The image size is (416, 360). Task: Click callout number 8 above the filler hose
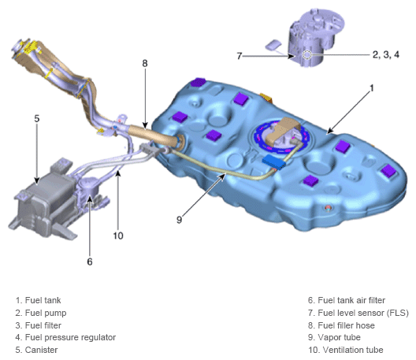pyautogui.click(x=145, y=63)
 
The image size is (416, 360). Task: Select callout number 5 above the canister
pyautogui.click(x=37, y=119)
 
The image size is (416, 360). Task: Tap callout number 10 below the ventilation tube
pyautogui.click(x=118, y=236)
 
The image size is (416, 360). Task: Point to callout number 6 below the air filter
pyautogui.click(x=90, y=262)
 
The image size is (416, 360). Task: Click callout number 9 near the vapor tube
pyautogui.click(x=180, y=220)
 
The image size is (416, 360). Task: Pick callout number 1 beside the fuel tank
pyautogui.click(x=372, y=88)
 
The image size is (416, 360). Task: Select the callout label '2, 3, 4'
pyautogui.click(x=386, y=54)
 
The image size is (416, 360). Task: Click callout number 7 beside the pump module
pyautogui.click(x=240, y=56)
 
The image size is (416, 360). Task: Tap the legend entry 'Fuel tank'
pyautogui.click(x=38, y=300)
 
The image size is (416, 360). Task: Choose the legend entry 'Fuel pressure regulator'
pyautogui.click(x=65, y=337)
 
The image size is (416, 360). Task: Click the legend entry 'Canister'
pyautogui.click(x=36, y=350)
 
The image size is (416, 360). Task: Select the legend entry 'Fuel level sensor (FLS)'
pyautogui.click(x=358, y=313)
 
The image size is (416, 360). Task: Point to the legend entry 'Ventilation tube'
pyautogui.click(x=346, y=350)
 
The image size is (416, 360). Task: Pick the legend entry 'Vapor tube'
pyautogui.click(x=334, y=337)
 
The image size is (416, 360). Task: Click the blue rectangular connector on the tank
pyautogui.click(x=274, y=161)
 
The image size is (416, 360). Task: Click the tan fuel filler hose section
pyautogui.click(x=154, y=135)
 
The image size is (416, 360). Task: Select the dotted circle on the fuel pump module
pyautogui.click(x=306, y=55)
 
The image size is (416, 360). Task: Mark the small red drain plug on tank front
pyautogui.click(x=328, y=208)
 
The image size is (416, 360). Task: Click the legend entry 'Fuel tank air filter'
pyautogui.click(x=347, y=300)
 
